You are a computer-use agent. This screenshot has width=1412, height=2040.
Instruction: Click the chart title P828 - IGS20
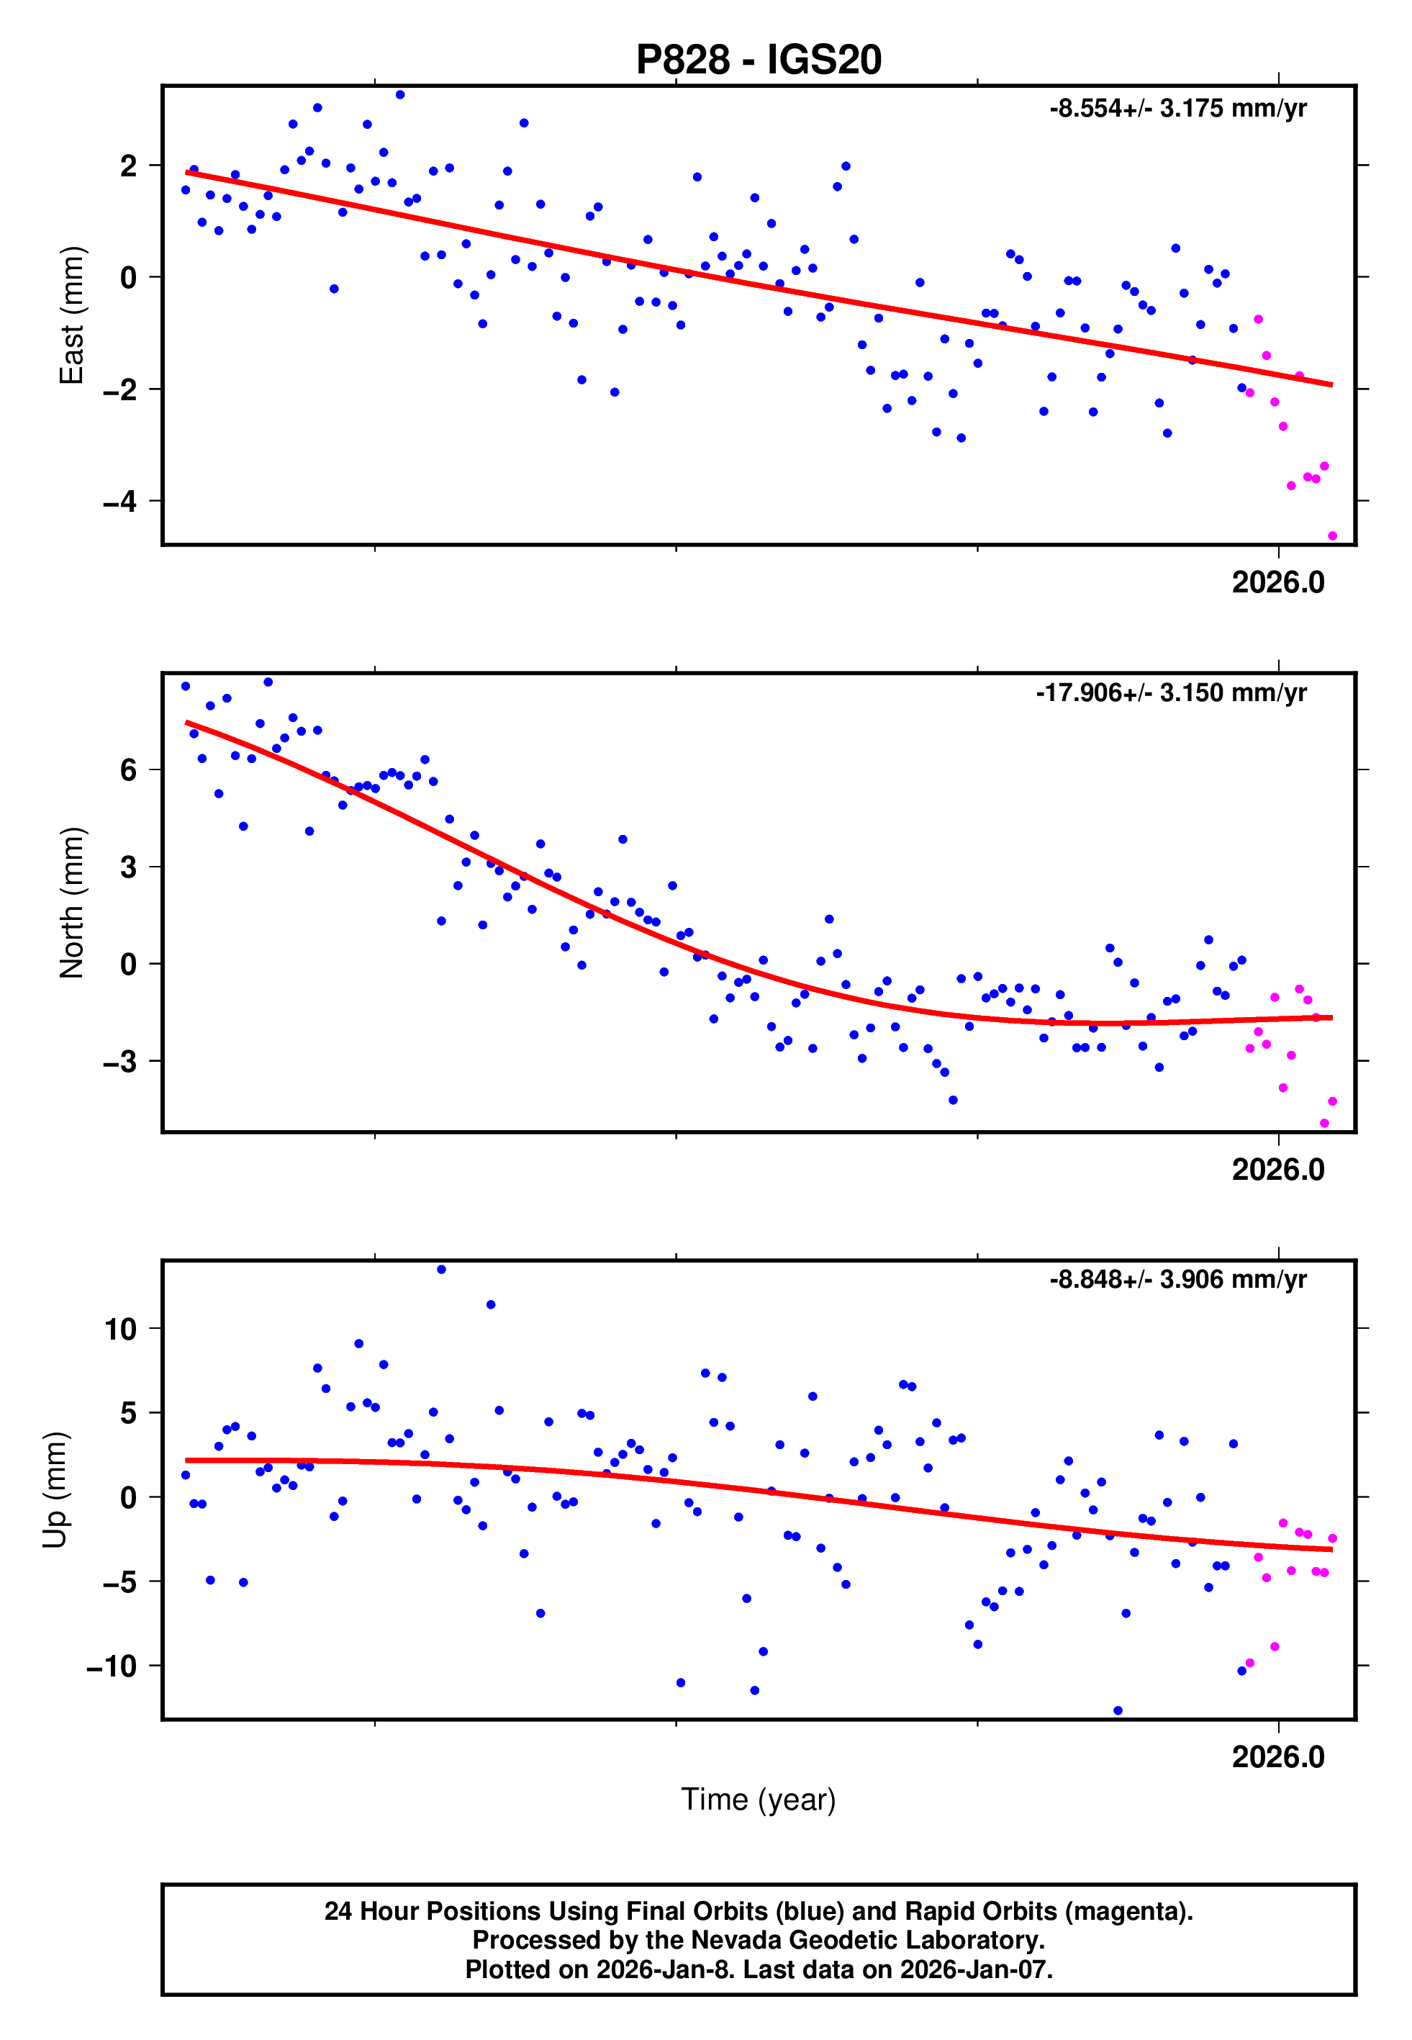[759, 60]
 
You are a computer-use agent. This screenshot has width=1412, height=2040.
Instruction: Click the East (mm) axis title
[71, 315]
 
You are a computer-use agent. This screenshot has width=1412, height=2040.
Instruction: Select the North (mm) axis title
[71, 903]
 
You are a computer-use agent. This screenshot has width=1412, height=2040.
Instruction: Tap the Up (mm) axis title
[55, 1490]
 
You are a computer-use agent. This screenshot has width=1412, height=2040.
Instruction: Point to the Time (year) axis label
[759, 1800]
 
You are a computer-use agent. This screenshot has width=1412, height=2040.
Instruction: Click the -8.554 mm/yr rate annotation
[1177, 109]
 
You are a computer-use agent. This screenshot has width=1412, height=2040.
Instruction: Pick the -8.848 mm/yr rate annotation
[1177, 1280]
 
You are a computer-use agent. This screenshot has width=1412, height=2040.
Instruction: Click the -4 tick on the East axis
[120, 502]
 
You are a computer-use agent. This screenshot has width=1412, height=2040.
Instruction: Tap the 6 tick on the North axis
[129, 770]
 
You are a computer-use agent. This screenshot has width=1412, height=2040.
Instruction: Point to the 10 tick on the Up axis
[121, 1329]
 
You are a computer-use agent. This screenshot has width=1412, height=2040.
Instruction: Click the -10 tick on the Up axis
[112, 1666]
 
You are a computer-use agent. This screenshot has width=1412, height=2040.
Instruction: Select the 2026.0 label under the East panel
[1277, 583]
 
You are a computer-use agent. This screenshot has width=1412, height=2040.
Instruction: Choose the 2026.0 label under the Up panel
[1277, 1758]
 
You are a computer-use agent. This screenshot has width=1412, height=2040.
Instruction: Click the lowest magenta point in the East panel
[1332, 536]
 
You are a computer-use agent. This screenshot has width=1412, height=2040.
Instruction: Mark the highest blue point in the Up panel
[441, 1270]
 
